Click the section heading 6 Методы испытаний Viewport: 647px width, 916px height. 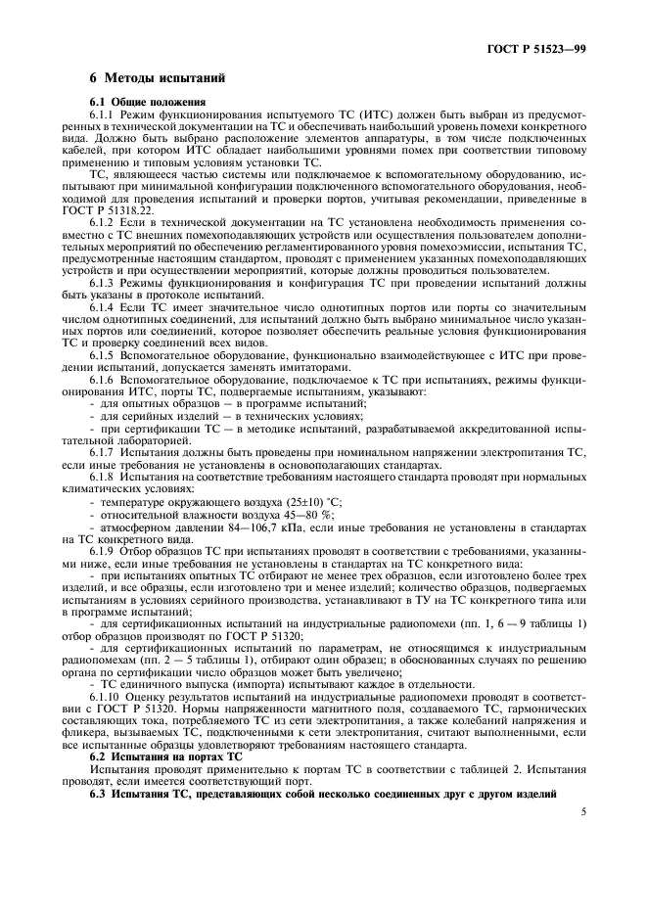[158, 77]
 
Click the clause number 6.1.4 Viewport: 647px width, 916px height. [105, 307]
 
